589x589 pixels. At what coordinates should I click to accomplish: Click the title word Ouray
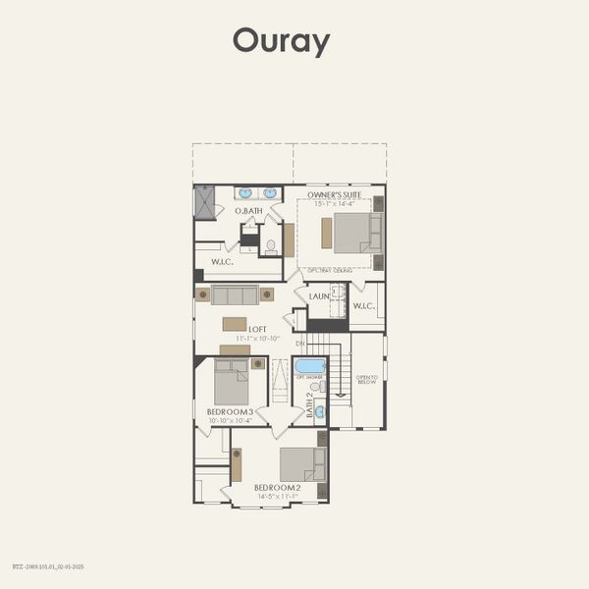281,41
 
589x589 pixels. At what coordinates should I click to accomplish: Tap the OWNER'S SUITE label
334,195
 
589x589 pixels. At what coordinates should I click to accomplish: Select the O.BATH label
247,211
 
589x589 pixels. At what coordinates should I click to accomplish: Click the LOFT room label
258,330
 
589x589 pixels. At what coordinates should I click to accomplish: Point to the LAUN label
319,296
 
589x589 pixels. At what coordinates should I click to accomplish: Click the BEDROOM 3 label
231,411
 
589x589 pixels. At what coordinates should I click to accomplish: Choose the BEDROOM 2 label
278,488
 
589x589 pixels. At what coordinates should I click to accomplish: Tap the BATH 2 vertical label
310,405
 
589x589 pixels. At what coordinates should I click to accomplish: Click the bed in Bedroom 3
232,381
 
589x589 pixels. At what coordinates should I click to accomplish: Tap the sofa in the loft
235,294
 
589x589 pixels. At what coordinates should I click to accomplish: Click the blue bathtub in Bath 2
310,366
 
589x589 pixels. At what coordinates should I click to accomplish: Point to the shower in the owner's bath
204,202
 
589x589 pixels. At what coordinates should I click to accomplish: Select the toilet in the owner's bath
271,245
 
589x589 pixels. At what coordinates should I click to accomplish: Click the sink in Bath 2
319,412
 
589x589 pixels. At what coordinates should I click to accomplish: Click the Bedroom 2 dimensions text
278,497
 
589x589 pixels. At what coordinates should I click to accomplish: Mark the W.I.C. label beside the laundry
364,307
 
